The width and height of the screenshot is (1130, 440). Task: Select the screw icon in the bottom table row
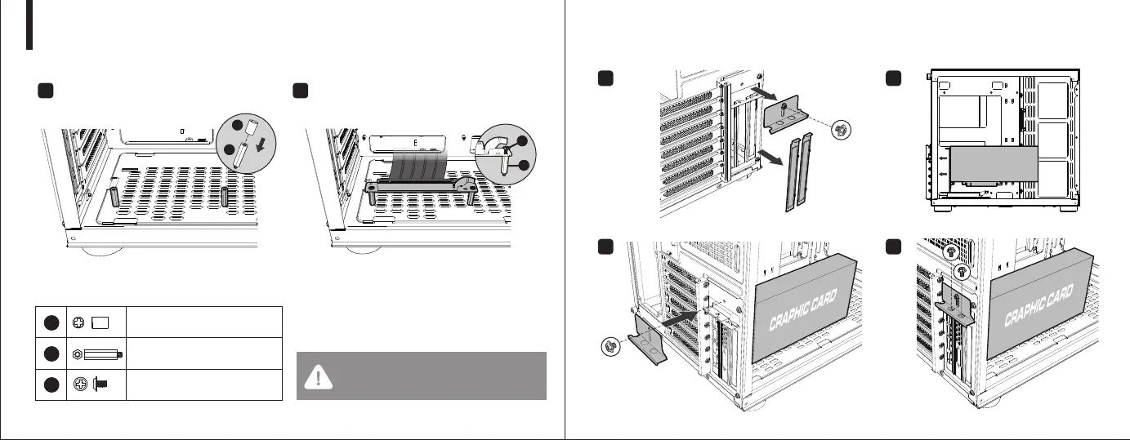pos(102,384)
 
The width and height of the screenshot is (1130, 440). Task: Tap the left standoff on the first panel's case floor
pos(114,197)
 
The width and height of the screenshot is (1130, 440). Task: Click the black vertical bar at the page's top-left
pos(29,24)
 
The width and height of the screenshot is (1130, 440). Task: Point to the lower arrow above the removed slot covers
pos(769,156)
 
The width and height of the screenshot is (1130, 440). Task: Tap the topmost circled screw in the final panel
pos(950,254)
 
